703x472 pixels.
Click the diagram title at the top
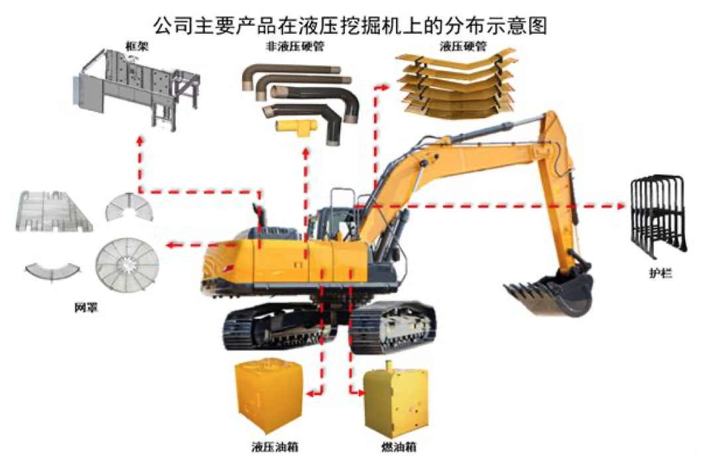point(350,26)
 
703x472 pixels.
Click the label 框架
point(137,46)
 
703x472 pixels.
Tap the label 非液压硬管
point(295,46)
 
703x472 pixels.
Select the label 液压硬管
point(463,46)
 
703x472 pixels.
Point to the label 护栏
point(661,272)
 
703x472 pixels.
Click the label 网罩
point(86,308)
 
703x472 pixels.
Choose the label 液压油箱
point(275,446)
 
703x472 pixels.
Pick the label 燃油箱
point(399,446)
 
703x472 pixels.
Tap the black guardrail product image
point(658,216)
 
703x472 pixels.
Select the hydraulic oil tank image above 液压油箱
point(269,395)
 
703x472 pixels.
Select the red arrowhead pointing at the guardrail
point(621,206)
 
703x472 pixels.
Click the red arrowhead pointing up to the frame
point(140,141)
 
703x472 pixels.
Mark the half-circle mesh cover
point(129,207)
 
